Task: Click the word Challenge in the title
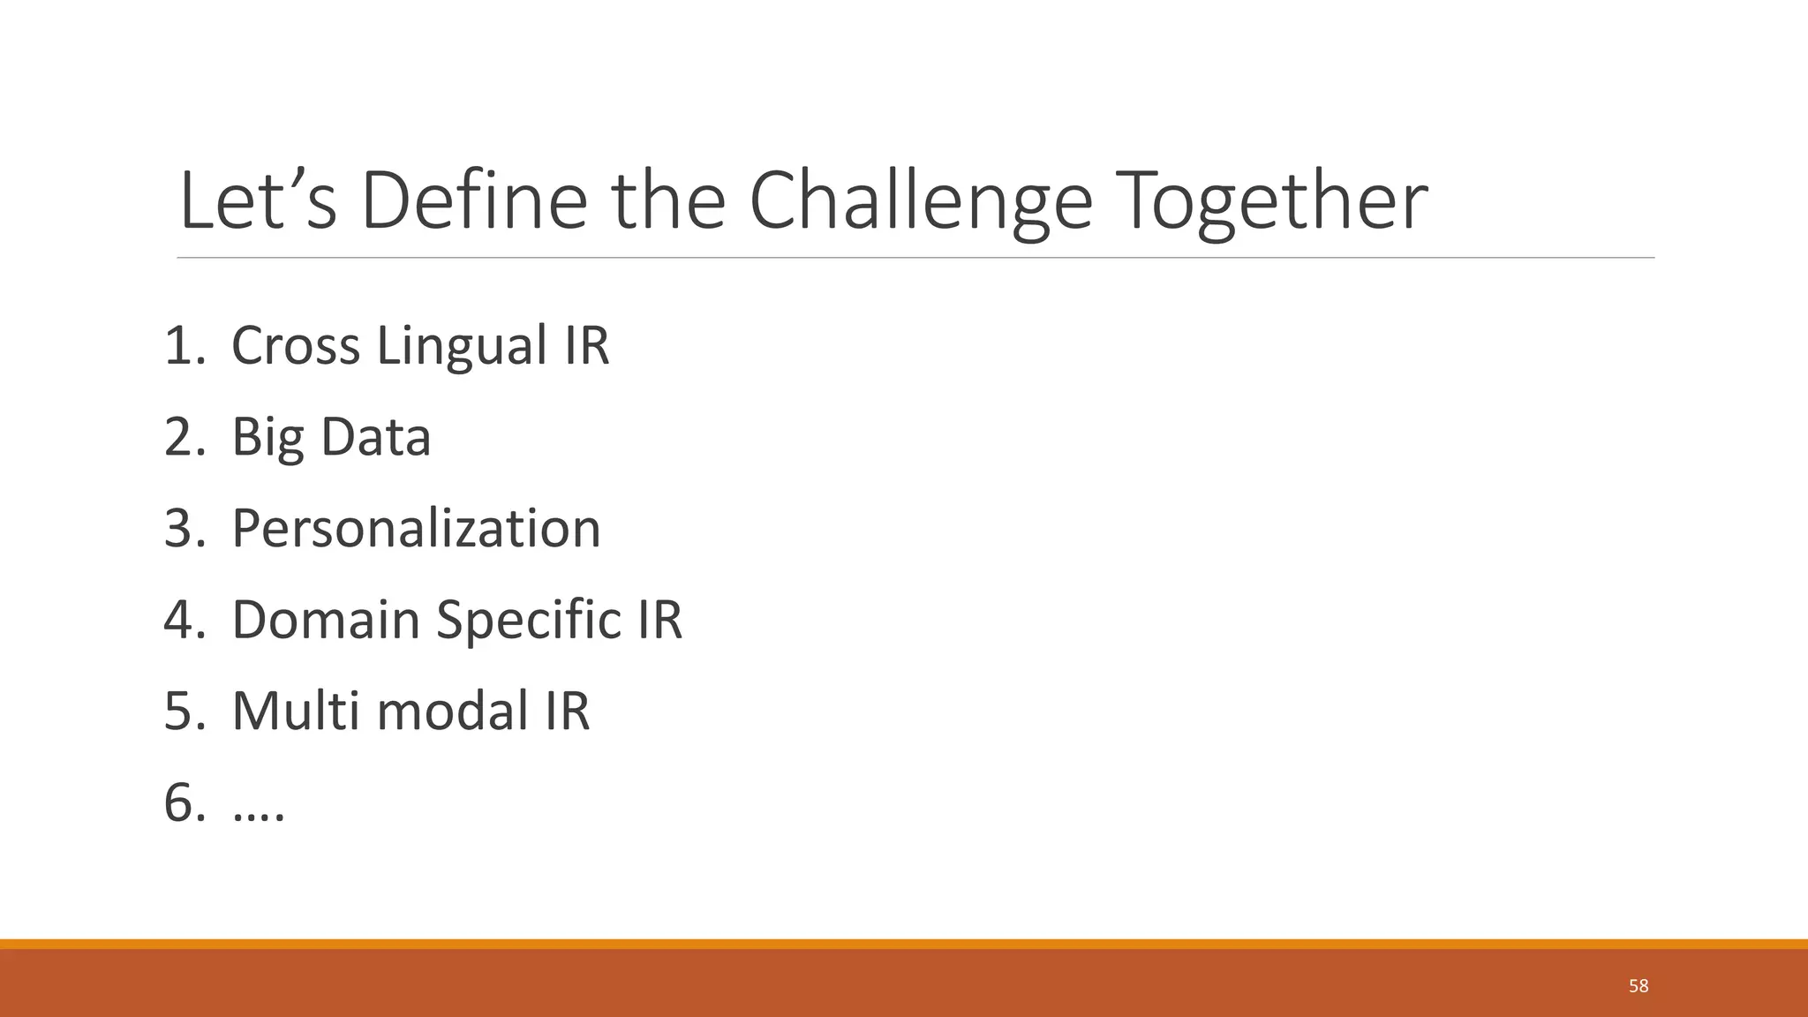921,201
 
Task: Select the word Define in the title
474,201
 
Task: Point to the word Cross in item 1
295,345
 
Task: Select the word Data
375,437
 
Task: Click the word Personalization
416,529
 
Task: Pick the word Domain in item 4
326,620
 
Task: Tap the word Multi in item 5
295,711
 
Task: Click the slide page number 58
1638,986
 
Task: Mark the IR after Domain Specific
654,620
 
